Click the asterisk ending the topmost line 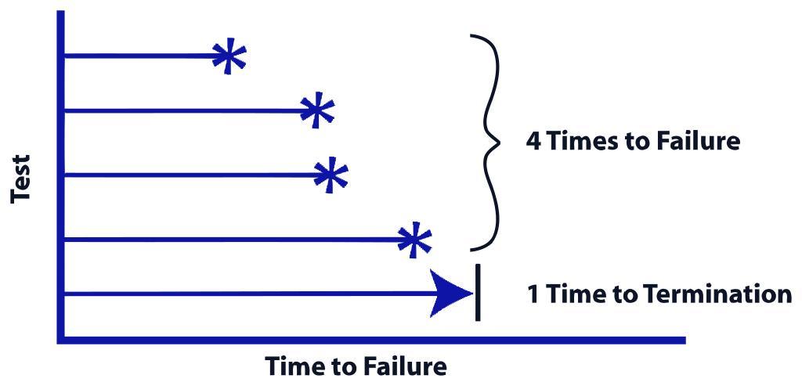(229, 57)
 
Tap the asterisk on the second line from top (316, 110)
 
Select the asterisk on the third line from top (330, 175)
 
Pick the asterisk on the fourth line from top (414, 240)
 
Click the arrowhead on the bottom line (452, 294)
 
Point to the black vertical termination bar (477, 293)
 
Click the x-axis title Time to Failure (356, 366)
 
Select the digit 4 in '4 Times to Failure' (533, 142)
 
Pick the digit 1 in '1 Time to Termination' (533, 294)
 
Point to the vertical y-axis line (60, 172)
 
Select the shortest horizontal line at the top (141, 56)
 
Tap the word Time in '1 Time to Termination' (573, 294)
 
